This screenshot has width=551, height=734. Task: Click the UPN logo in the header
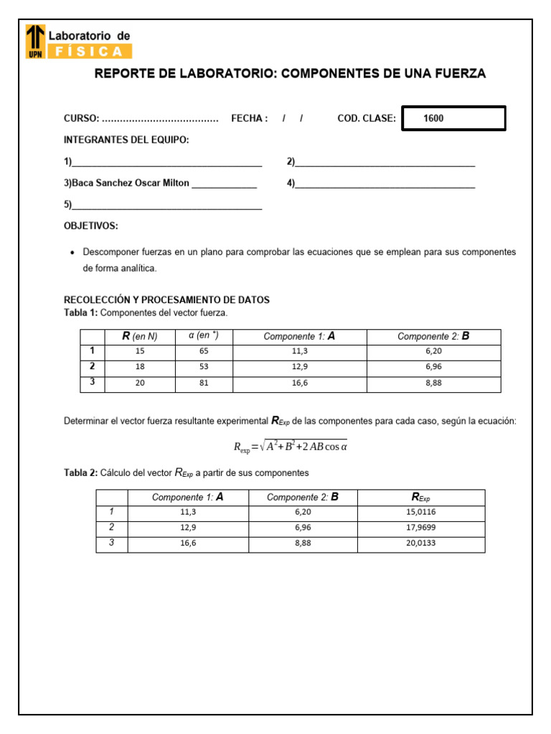coord(35,41)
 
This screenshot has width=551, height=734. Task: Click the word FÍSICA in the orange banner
coord(90,51)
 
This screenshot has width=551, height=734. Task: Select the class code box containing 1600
coord(453,118)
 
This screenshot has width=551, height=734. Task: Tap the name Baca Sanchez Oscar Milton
coord(126,183)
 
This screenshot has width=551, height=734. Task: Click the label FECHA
coord(249,118)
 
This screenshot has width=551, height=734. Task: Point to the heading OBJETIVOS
coord(91,226)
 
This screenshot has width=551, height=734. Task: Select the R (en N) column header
coord(140,336)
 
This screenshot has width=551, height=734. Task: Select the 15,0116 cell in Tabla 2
coord(420,513)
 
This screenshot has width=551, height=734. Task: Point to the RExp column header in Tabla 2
coord(420,497)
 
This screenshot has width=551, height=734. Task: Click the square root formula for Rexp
coord(291,447)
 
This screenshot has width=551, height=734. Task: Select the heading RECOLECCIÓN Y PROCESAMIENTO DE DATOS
coord(166,300)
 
